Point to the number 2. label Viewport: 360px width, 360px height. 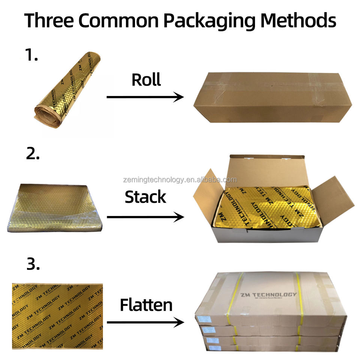coord(33,153)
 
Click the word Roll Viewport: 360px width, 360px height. coord(146,79)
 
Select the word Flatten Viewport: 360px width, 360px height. coord(146,305)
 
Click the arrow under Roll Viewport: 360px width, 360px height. coord(145,97)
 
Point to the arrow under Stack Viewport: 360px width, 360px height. coord(145,217)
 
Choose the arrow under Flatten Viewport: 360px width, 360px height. coord(145,322)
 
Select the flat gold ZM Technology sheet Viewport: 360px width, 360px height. coord(57,316)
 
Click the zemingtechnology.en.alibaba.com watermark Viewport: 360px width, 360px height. coord(180,180)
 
